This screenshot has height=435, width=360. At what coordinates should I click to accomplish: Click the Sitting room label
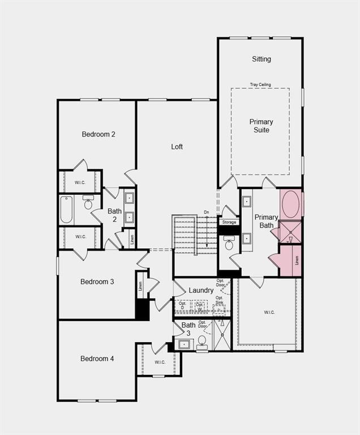pos(261,59)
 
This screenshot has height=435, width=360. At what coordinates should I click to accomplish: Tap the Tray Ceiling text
pos(260,85)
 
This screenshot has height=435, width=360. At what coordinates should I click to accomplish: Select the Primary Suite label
pos(261,126)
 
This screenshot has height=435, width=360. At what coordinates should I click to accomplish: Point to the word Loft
pos(177,147)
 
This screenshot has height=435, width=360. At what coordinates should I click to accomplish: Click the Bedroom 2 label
pos(98,134)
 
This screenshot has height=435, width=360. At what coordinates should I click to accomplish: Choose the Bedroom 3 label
pos(97,282)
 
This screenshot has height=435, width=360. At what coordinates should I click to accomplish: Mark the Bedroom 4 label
pos(97,359)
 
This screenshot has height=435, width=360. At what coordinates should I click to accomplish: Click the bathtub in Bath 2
pos(66,209)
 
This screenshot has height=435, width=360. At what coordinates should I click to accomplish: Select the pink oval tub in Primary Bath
pos(291,204)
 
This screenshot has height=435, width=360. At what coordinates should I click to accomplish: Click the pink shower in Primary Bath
pos(291,232)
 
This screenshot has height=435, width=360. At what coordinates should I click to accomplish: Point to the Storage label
pos(229,222)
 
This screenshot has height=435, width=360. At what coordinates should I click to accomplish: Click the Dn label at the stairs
pos(207,212)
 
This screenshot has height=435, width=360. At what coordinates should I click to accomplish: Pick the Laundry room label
pos(201,291)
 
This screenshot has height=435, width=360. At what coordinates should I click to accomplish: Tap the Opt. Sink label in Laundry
pos(219,300)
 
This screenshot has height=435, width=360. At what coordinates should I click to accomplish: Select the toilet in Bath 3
pos(202,342)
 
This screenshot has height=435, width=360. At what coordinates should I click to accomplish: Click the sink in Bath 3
pos(183,343)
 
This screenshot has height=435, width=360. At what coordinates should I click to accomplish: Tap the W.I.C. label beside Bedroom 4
pos(160,362)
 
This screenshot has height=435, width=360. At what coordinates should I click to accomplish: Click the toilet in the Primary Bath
pos(229,244)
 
